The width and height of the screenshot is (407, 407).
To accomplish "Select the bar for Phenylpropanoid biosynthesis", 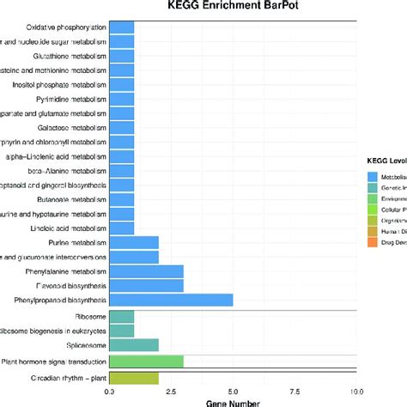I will pyautogui.click(x=171, y=300).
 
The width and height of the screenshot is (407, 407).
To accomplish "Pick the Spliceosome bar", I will pyautogui.click(x=134, y=344).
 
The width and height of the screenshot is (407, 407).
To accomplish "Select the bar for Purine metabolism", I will pyautogui.click(x=134, y=242).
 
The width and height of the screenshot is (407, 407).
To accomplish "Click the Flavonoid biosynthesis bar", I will pyautogui.click(x=146, y=285).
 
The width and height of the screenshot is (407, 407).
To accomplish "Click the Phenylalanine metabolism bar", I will pyautogui.click(x=146, y=270).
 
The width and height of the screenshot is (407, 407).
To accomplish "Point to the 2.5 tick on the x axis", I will pyautogui.click(x=172, y=391).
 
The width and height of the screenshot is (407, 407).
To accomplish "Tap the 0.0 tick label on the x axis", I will pyautogui.click(x=109, y=391).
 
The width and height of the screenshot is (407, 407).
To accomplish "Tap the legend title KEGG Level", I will pyautogui.click(x=386, y=161).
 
